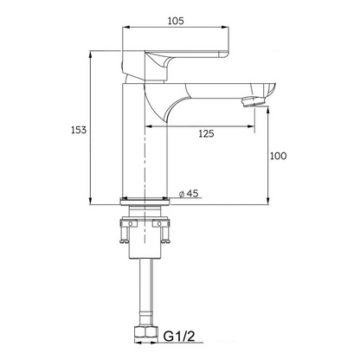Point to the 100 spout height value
278,156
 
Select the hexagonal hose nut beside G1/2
142,334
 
